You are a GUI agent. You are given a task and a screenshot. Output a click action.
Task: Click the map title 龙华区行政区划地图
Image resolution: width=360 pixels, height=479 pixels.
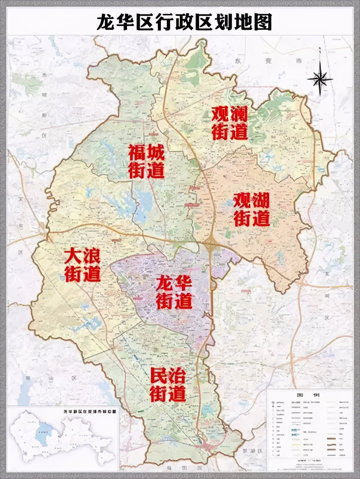[184, 22]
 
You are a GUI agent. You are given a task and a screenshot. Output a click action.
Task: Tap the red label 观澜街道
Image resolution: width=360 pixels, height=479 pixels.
[229, 123]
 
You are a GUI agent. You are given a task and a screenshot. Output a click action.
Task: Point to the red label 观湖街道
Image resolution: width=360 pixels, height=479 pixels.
[252, 210]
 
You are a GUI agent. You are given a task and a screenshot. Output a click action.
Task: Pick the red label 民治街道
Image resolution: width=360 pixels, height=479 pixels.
[168, 385]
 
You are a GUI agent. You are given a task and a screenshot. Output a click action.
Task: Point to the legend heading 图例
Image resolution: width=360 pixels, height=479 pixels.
[309, 395]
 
